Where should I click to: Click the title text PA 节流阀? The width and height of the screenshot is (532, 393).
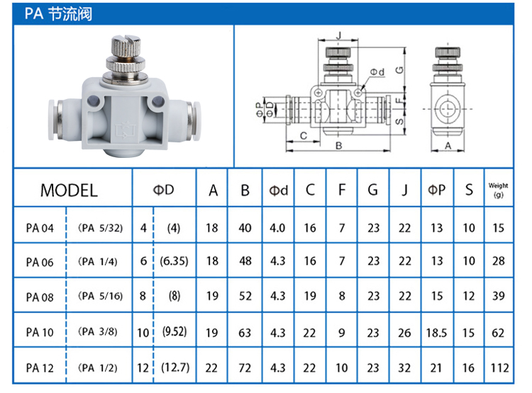tap(58, 14)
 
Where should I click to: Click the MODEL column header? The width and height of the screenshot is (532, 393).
tap(69, 190)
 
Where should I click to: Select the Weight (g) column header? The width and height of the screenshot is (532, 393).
tap(498, 190)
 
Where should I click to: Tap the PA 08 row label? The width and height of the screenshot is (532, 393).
tap(40, 297)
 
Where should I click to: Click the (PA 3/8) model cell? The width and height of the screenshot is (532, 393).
tap(98, 331)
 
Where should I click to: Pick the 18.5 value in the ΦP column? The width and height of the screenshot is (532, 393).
tap(436, 333)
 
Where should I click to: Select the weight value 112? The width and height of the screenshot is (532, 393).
tap(499, 368)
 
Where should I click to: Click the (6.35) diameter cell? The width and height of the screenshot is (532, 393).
tap(174, 261)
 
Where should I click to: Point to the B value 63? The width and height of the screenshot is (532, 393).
tap(245, 333)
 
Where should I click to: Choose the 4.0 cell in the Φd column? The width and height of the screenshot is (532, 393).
tap(277, 228)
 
